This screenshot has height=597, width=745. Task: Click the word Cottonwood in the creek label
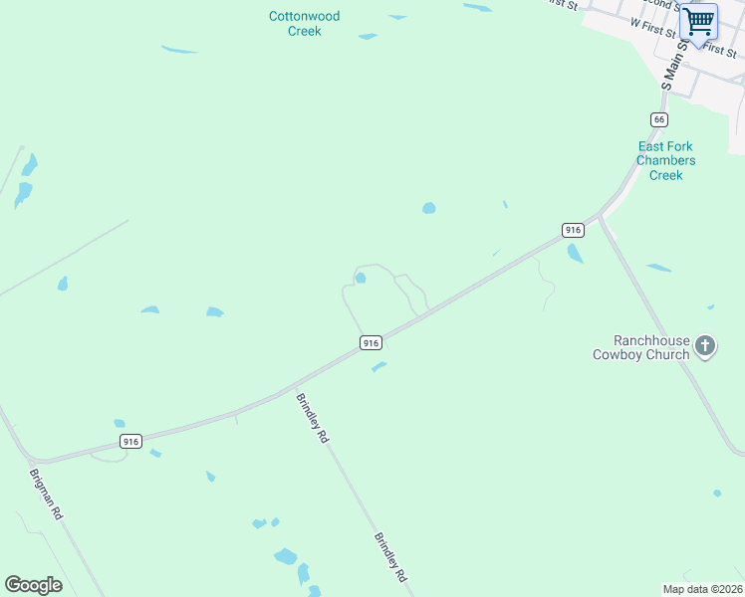pyautogui.click(x=305, y=16)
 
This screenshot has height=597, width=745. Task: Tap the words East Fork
pyautogui.click(x=665, y=146)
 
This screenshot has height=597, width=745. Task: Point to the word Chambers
pyautogui.click(x=665, y=160)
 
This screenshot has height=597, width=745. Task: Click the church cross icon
pyautogui.click(x=705, y=346)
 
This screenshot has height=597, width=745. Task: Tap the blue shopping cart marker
pyautogui.click(x=698, y=21)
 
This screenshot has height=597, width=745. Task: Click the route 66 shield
pyautogui.click(x=658, y=119)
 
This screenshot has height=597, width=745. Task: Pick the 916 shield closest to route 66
pyautogui.click(x=572, y=230)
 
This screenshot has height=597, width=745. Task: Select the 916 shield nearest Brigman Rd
pyautogui.click(x=130, y=441)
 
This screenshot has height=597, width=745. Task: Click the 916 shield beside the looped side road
pyautogui.click(x=371, y=342)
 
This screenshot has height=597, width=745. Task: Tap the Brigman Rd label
pyautogui.click(x=46, y=496)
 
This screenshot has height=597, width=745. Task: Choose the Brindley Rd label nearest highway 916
pyautogui.click(x=311, y=418)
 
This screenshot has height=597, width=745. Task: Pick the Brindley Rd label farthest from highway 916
pyautogui.click(x=389, y=557)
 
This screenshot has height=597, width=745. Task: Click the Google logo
pyautogui.click(x=33, y=585)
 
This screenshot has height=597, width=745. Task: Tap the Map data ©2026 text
pyautogui.click(x=702, y=589)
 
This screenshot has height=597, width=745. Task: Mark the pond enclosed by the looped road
pyautogui.click(x=361, y=279)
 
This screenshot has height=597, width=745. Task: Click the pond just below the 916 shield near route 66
pyautogui.click(x=575, y=254)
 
